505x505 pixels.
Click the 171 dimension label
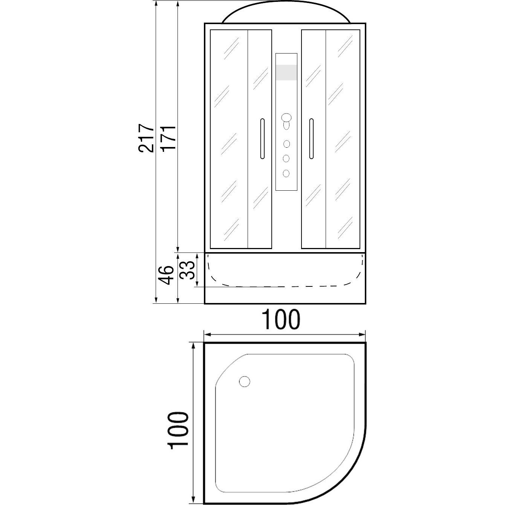click(x=168, y=138)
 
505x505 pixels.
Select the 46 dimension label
click(x=167, y=275)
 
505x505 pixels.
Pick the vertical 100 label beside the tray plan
click(x=179, y=431)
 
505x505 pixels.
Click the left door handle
click(x=262, y=139)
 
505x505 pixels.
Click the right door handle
click(x=311, y=139)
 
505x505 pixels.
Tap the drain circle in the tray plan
click(x=245, y=381)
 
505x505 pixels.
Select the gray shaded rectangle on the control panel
click(x=286, y=72)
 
